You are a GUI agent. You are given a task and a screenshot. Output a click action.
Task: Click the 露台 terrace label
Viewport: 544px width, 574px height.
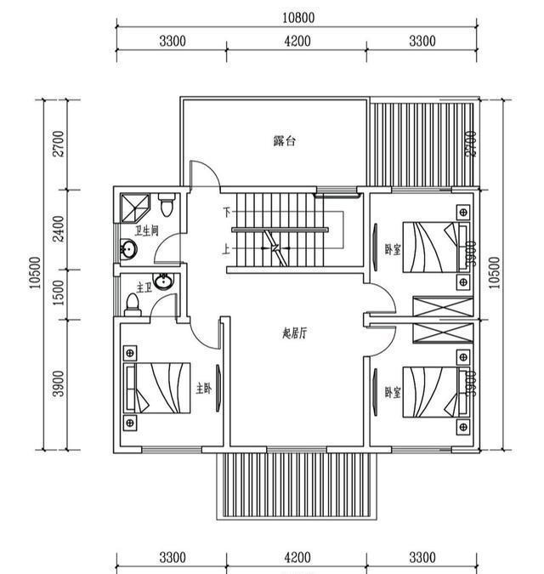pos(285,141)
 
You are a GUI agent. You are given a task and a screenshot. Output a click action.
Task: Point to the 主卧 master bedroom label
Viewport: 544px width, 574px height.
pos(204,388)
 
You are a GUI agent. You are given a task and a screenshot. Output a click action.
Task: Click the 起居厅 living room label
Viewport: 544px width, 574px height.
pos(294,333)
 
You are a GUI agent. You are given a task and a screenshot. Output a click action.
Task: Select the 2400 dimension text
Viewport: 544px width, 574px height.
pos(59,227)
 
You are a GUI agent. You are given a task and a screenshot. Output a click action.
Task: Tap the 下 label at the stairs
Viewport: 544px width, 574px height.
pos(226,211)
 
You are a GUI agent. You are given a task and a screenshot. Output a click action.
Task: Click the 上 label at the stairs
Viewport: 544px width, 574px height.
pos(226,249)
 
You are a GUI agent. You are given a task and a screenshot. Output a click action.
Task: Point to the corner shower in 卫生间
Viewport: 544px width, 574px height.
pos(133,207)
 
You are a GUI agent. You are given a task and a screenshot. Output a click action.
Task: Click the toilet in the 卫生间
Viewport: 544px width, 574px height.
pos(167,204)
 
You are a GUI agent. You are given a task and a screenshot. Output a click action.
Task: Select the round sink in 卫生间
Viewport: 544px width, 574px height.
pos(128,250)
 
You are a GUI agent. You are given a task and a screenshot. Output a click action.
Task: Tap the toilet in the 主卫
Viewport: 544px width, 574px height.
pos(132,303)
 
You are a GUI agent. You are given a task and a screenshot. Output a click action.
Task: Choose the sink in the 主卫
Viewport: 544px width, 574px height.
pos(167,284)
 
